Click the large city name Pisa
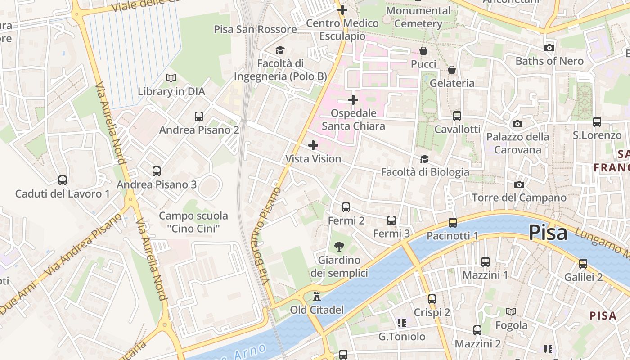(548, 233)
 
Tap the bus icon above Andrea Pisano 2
(199, 117)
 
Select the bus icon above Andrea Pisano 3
(157, 171)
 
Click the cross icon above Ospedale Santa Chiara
(353, 100)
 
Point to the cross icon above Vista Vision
(313, 145)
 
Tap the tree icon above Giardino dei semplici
(339, 246)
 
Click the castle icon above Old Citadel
(317, 296)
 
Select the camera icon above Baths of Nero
(549, 48)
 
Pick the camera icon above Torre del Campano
(519, 184)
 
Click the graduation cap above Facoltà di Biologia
(424, 159)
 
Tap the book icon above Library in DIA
(171, 78)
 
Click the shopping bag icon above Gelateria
(452, 70)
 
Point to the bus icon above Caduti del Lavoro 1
(63, 180)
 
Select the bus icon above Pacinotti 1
(453, 222)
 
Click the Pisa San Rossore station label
(255, 29)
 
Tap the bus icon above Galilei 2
(583, 264)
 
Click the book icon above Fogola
(511, 311)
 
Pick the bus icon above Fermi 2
(346, 207)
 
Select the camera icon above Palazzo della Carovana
(517, 124)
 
